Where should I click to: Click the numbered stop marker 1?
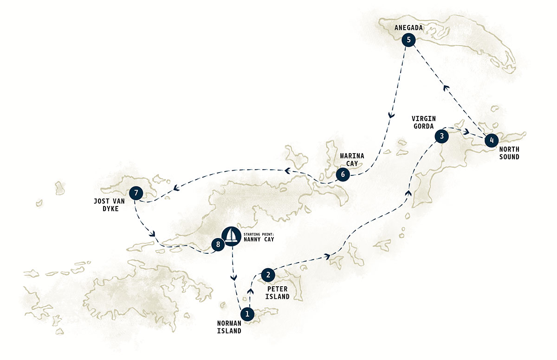click(x=247, y=314)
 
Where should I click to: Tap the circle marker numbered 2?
click(x=268, y=275)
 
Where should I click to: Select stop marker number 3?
click(x=441, y=136)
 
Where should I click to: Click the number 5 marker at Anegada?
click(x=408, y=40)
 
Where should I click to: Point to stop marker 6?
click(x=343, y=175)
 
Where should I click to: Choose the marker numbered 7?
click(x=136, y=193)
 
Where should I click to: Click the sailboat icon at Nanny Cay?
click(x=231, y=235)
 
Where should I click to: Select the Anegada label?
click(x=408, y=28)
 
